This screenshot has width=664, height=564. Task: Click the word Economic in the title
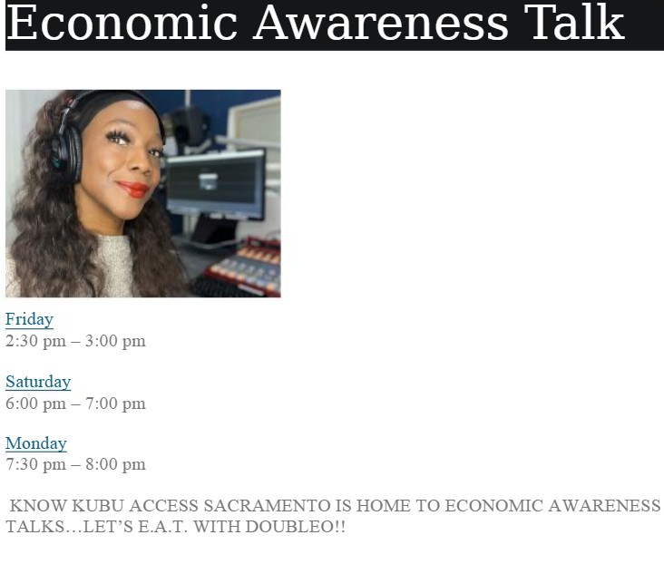(x=122, y=23)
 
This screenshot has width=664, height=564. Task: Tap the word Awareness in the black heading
(x=381, y=23)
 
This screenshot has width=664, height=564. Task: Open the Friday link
(x=29, y=319)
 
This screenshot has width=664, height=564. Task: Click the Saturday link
(x=38, y=382)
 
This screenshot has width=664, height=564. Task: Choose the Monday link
(x=36, y=443)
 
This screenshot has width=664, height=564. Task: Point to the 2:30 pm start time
(x=35, y=341)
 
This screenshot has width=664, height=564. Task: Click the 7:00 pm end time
(x=115, y=404)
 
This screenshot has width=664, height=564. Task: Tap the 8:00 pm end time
(x=115, y=464)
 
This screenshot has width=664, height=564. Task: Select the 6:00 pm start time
(x=35, y=404)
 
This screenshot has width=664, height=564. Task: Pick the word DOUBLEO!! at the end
(x=295, y=527)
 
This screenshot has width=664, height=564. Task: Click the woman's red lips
(x=133, y=189)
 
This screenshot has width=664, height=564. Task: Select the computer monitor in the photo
(x=216, y=184)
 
